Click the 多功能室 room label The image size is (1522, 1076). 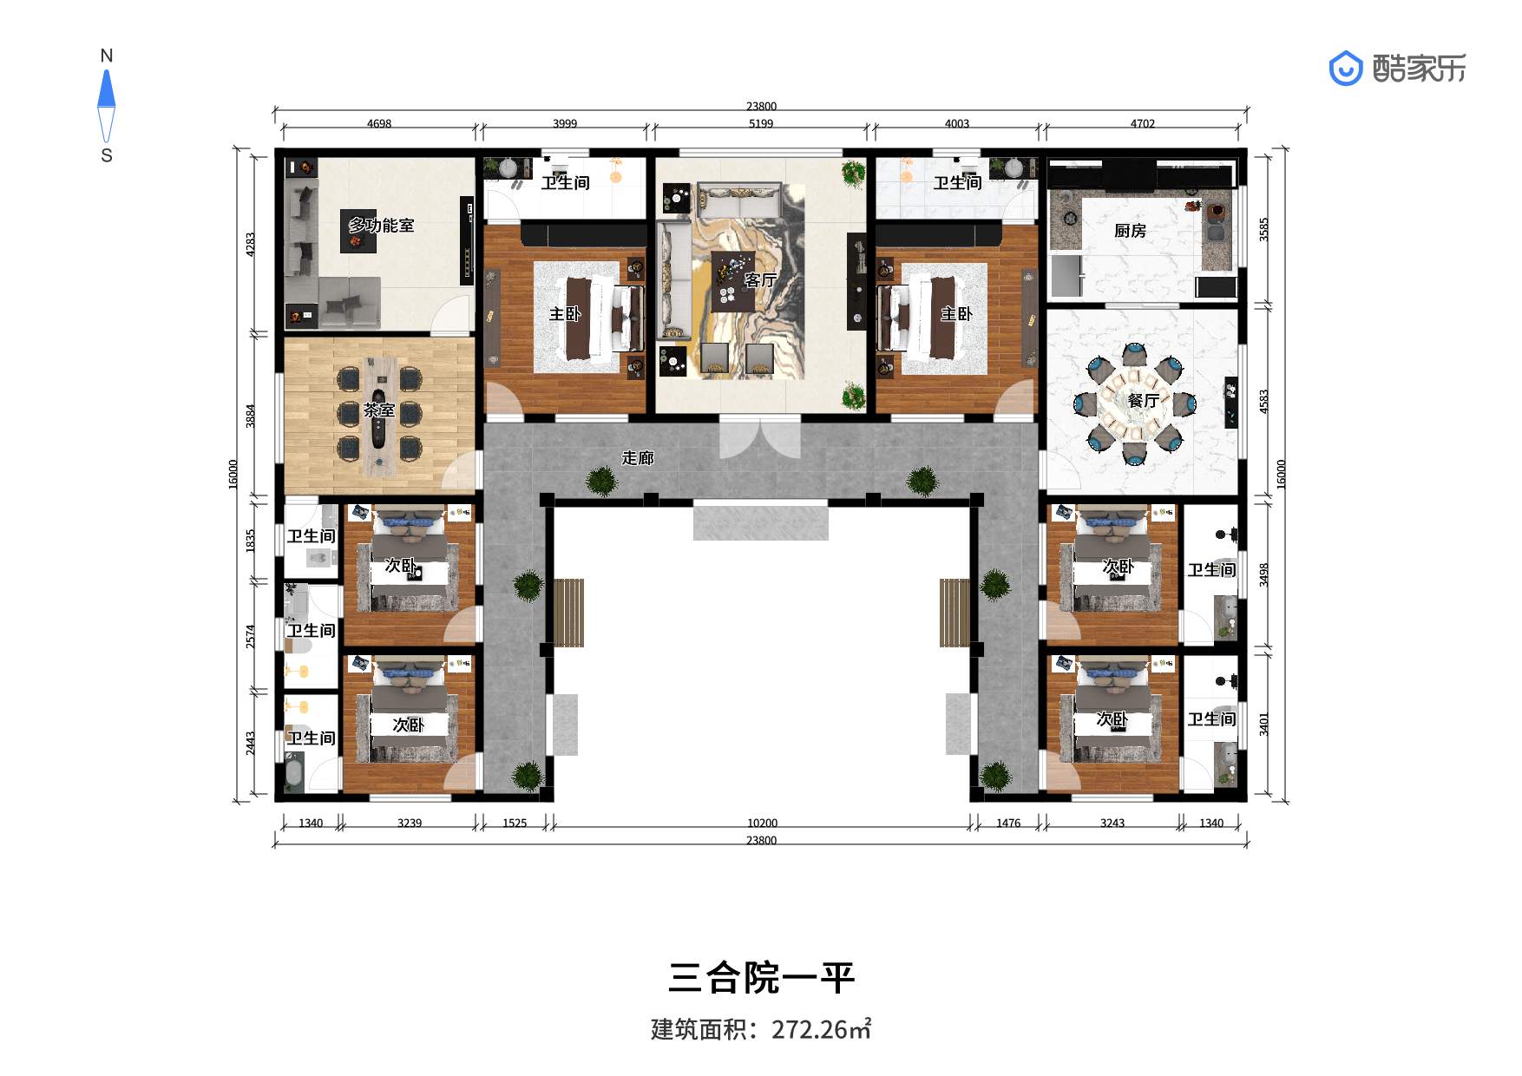[x=381, y=226]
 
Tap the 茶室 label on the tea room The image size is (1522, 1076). [x=379, y=410]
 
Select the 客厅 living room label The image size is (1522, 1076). [x=760, y=279]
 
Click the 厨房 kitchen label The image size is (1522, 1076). [x=1130, y=231]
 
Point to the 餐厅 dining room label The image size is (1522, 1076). [x=1143, y=400]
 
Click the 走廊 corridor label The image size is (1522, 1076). [x=638, y=457]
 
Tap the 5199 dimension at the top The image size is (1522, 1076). [x=761, y=124]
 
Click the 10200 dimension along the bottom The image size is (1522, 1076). [x=762, y=823]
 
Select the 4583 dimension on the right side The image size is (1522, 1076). [x=1264, y=401]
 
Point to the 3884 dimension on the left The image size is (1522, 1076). [x=251, y=416]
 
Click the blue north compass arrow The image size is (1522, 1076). [x=107, y=89]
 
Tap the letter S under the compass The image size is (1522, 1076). [x=107, y=156]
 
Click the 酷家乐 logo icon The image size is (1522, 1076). [x=1346, y=68]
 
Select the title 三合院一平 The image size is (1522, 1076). [x=761, y=978]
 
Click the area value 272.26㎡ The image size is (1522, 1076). [x=821, y=1029]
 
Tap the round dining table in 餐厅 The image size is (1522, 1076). [x=1134, y=403]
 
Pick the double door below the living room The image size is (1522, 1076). [x=760, y=438]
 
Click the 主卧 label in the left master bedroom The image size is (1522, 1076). [x=565, y=313]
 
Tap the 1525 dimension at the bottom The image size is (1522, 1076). [x=515, y=823]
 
